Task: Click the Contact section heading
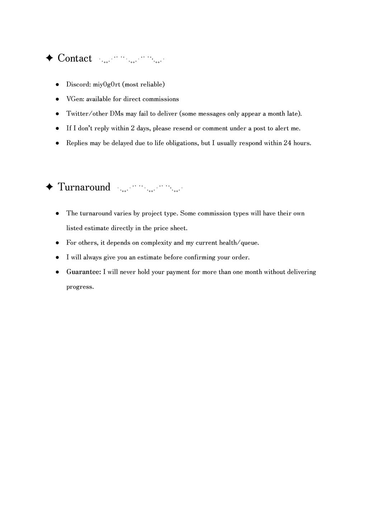[x=75, y=58]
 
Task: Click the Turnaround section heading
[x=84, y=187]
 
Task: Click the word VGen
[x=74, y=99]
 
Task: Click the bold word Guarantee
[x=84, y=272]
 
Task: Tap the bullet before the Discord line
[x=57, y=85]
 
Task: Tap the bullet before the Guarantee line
[x=57, y=273]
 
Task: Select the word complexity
[x=156, y=243]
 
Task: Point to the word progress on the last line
[x=80, y=287]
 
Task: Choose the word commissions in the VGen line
[x=160, y=99]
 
